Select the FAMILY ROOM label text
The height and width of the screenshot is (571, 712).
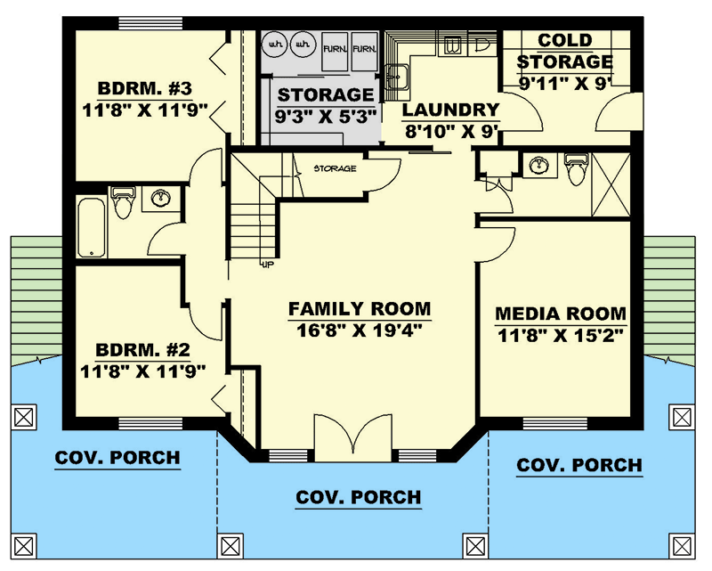tap(359, 309)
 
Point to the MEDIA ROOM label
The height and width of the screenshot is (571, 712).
tap(560, 314)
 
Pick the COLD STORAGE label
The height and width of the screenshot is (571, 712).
tap(565, 52)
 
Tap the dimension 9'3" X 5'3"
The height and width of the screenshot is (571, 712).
tap(324, 115)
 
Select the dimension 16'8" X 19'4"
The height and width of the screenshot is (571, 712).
tap(359, 330)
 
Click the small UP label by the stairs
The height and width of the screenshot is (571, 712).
tap(266, 264)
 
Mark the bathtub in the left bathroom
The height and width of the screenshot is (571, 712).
tap(90, 225)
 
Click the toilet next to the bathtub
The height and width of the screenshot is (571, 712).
tap(122, 202)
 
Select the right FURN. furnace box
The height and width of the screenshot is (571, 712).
tap(362, 52)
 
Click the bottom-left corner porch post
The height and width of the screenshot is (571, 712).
tap(24, 544)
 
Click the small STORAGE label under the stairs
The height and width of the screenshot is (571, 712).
tap(335, 167)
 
